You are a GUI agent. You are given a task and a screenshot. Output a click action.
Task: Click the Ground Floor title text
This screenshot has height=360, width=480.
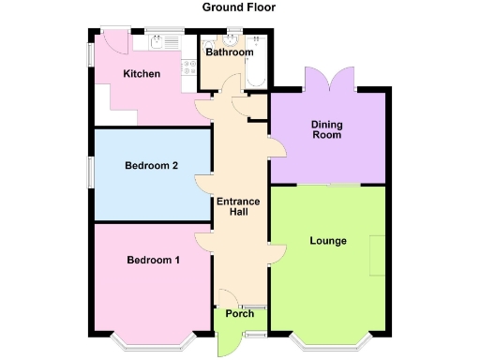pyautogui.click(x=239, y=7)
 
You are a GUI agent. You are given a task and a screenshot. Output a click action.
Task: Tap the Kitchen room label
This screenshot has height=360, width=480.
pyautogui.click(x=142, y=74)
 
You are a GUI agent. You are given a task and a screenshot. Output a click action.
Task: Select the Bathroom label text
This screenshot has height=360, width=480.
pyautogui.click(x=230, y=52)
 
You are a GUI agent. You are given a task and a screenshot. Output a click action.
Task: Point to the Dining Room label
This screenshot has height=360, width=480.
pyautogui.click(x=326, y=129)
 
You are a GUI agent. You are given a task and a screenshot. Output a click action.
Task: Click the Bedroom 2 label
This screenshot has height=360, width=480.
pyautogui.click(x=151, y=167)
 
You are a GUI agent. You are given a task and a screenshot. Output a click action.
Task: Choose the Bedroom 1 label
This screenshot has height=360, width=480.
pyautogui.click(x=154, y=260)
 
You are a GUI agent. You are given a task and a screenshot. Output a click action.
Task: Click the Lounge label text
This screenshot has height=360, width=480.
pyautogui.click(x=328, y=241)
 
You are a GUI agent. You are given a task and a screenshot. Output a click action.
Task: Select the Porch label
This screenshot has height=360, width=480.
pyautogui.click(x=240, y=313)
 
